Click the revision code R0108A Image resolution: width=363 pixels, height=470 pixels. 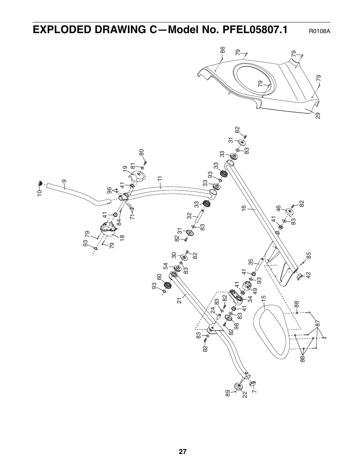[x=319, y=31]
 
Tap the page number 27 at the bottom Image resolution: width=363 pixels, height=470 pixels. [x=183, y=452]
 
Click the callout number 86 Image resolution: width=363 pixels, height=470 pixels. [x=223, y=50]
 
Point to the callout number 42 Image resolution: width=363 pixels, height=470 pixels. [x=308, y=275]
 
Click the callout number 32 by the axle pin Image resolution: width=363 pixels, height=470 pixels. [x=189, y=215]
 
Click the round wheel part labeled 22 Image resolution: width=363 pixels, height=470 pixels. [x=239, y=387]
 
